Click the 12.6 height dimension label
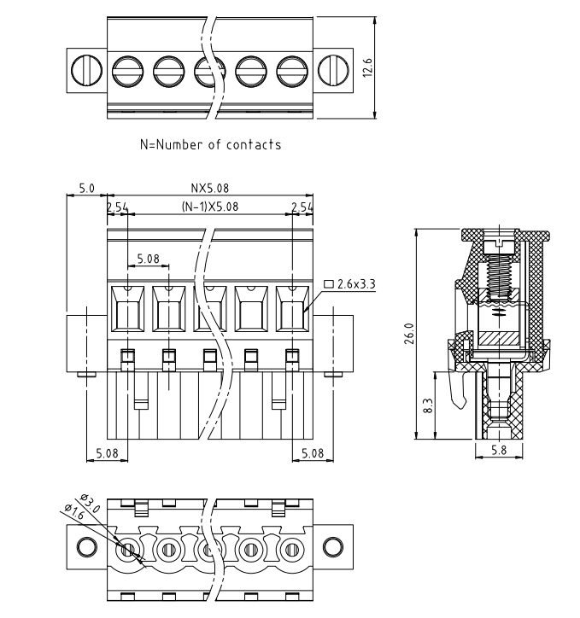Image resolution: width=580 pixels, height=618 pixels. click(368, 67)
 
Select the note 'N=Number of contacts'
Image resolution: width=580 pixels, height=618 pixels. click(209, 144)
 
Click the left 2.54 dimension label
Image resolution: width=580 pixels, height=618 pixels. click(116, 207)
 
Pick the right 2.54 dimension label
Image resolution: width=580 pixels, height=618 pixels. click(303, 207)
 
